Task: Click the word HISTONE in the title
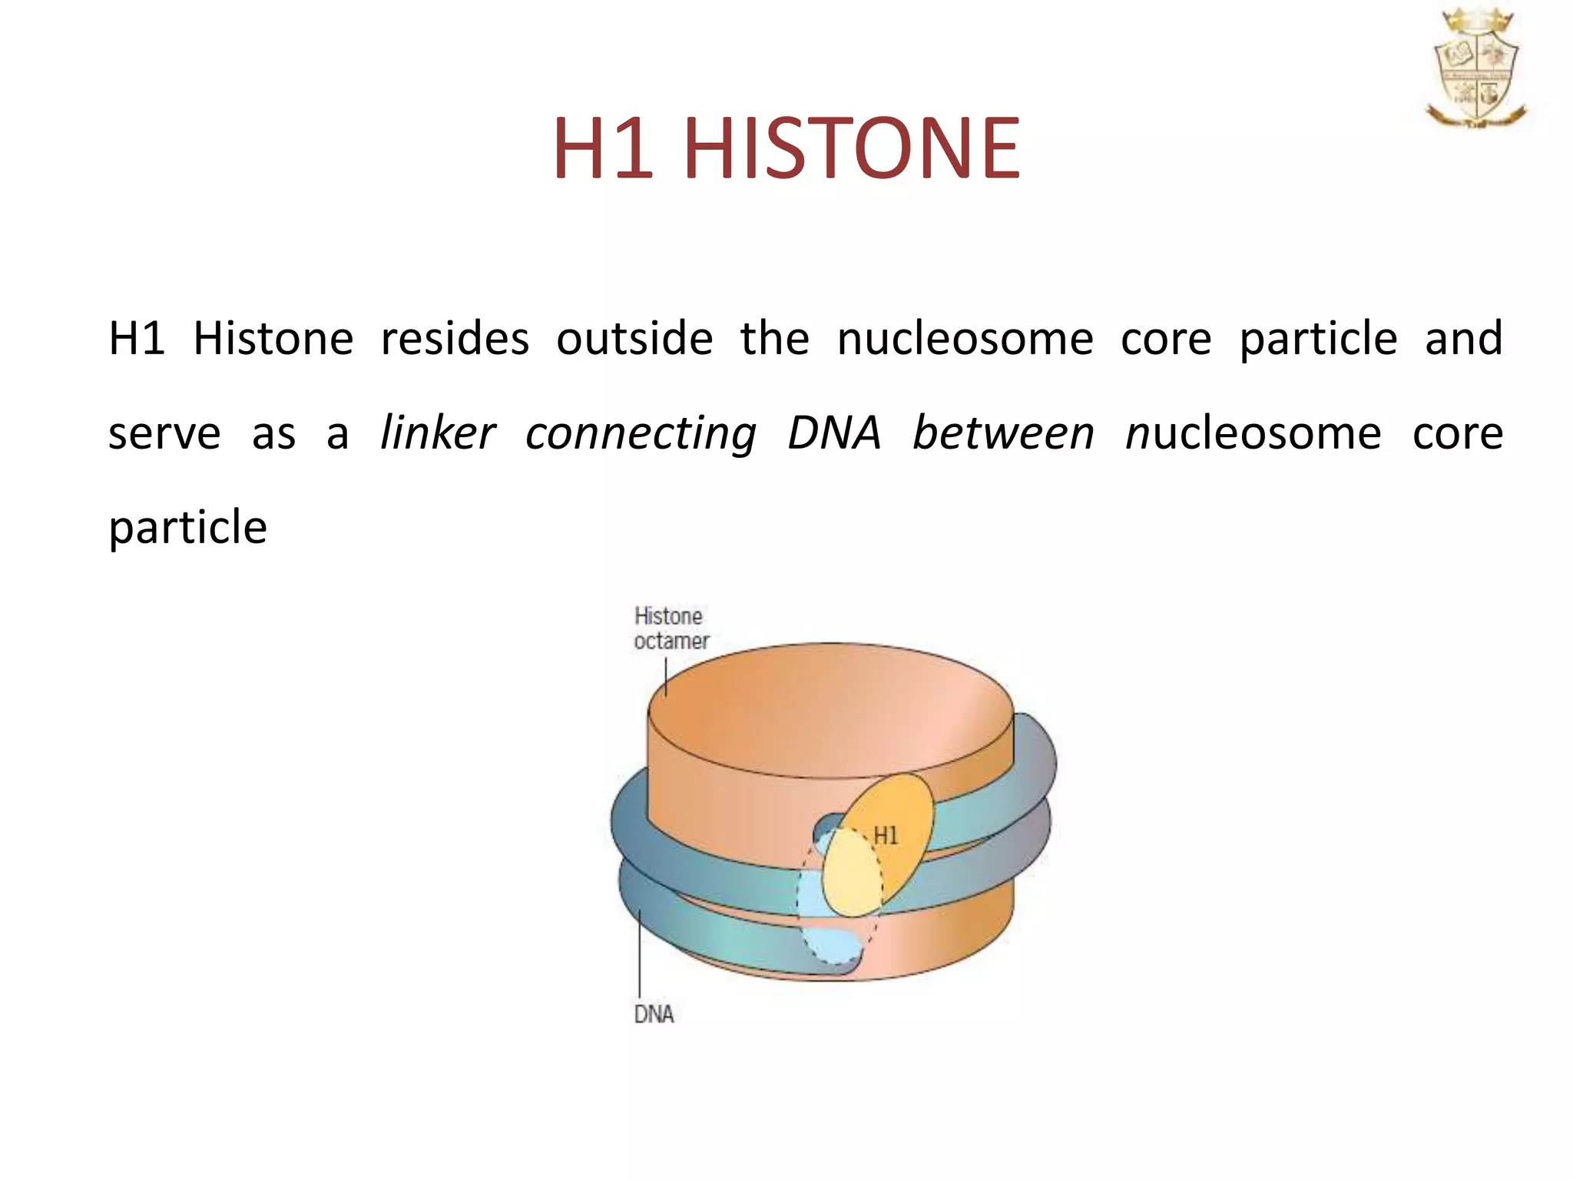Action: coord(852,147)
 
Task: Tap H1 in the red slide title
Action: coord(603,147)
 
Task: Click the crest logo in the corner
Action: coord(1475,68)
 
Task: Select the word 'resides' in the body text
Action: coord(455,338)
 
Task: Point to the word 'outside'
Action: coord(634,338)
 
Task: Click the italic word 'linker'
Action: coord(438,433)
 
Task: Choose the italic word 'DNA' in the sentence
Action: coord(834,433)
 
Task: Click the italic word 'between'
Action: coord(1003,433)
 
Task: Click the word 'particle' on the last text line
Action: coord(187,528)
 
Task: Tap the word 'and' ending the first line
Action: coord(1463,338)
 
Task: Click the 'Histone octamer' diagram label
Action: coord(671,628)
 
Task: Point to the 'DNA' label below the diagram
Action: coord(654,1014)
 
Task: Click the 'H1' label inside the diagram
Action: coord(886,835)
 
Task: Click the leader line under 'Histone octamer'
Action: coord(665,676)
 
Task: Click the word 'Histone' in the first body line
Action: coord(273,338)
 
